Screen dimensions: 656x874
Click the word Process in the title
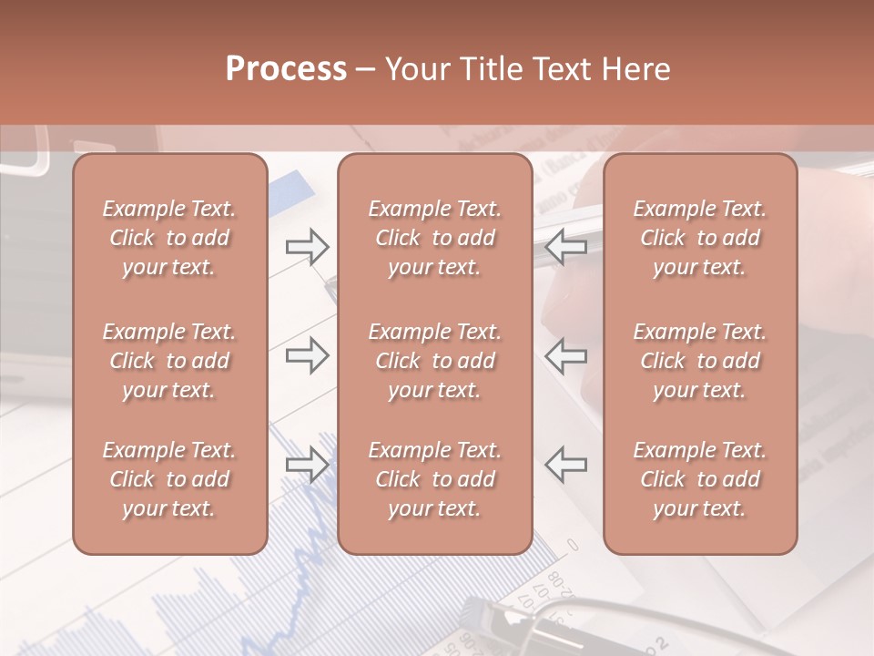coord(286,69)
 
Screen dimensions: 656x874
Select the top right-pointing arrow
coord(307,246)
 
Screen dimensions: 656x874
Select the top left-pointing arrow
coord(565,246)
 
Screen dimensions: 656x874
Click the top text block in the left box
coord(169,238)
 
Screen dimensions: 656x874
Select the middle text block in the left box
coord(169,361)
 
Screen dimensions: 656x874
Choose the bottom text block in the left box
coord(169,479)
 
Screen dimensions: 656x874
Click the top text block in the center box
coord(434,238)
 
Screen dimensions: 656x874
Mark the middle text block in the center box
coord(434,361)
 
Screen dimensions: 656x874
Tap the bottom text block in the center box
coord(434,479)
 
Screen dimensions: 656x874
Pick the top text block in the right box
coord(700,238)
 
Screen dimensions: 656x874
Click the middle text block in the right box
coord(700,361)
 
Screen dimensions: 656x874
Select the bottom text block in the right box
coord(700,479)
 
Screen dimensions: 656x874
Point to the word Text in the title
coord(560,69)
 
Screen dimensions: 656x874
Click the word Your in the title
coord(419,69)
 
